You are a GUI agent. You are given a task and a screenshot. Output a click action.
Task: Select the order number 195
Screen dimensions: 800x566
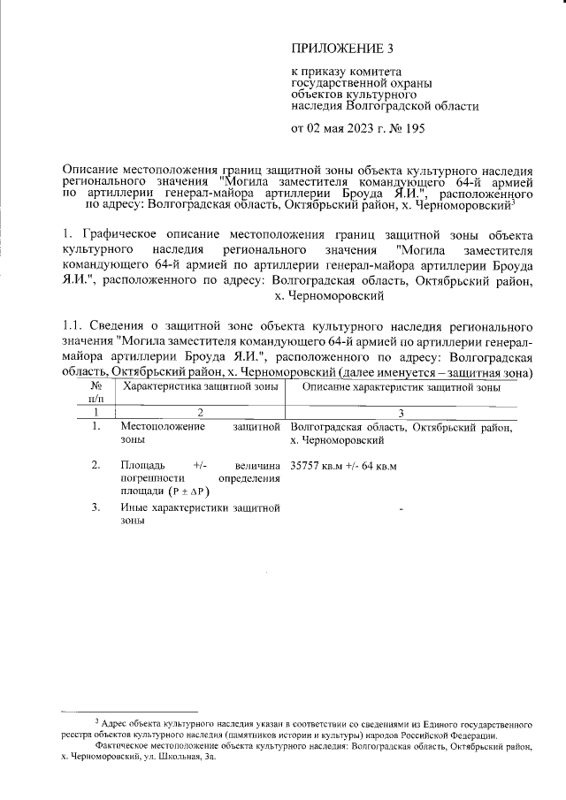pos(415,129)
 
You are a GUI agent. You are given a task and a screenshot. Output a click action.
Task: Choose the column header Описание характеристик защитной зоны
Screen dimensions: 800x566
pos(402,387)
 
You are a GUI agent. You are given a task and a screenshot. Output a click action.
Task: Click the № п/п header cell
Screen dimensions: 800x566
pos(95,393)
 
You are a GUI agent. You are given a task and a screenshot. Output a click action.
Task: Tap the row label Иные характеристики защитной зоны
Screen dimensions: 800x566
pos(200,514)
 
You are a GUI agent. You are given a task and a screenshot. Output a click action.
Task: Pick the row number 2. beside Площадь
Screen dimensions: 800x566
pos(95,465)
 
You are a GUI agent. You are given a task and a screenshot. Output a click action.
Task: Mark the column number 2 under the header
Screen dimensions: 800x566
pos(200,413)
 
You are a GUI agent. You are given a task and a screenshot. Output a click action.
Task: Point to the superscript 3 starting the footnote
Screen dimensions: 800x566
pos(96,721)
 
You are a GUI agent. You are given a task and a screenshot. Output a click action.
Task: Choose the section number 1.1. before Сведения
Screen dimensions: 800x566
pos(74,329)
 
